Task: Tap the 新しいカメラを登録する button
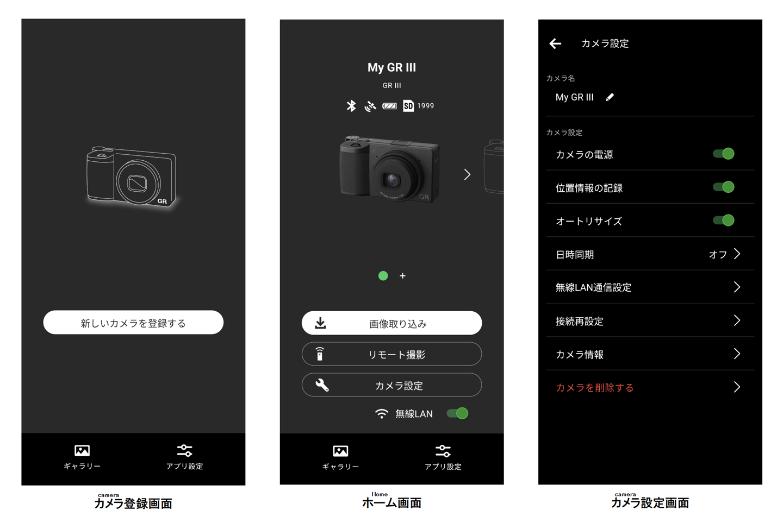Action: pos(133,323)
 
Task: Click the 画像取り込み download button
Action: pos(391,323)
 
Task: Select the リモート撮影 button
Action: pos(391,354)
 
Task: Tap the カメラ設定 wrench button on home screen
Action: pos(391,385)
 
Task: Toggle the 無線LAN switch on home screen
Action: pos(457,413)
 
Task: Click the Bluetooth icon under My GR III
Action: pos(351,106)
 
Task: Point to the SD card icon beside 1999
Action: pos(408,106)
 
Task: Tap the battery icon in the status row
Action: pos(389,106)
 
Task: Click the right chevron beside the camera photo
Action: pos(467,174)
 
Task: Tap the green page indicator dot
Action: pos(383,276)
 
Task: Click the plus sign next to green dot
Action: pos(402,276)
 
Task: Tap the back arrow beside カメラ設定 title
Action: pos(555,43)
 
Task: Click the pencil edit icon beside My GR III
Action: pos(610,97)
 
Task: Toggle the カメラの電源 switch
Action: pos(724,154)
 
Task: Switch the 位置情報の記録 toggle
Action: pos(724,187)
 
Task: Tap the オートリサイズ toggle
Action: pos(724,221)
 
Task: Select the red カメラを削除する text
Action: pos(594,388)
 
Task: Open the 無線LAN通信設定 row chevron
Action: pos(737,287)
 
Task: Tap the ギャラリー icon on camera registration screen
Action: pos(82,451)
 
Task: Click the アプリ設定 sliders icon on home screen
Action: pos(443,451)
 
